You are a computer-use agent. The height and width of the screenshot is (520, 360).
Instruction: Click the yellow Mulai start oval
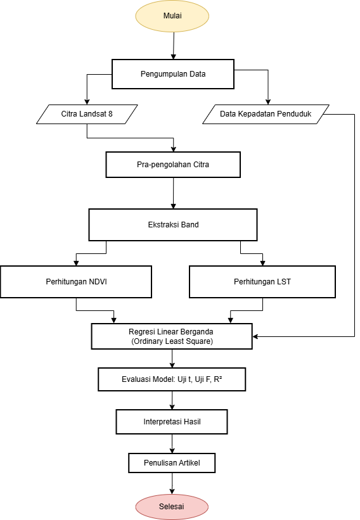[172, 16]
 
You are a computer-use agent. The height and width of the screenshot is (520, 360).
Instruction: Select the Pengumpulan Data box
[172, 74]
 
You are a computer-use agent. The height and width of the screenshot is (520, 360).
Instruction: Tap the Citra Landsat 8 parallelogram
[87, 114]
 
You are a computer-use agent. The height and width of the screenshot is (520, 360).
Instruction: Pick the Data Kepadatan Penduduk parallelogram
[265, 114]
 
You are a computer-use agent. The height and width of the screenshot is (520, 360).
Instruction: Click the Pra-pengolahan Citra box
[172, 165]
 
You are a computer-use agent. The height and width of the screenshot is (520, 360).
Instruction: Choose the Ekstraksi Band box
[172, 224]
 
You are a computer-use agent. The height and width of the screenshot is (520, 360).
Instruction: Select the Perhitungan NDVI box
[76, 282]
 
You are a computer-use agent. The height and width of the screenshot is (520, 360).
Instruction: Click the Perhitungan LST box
[262, 282]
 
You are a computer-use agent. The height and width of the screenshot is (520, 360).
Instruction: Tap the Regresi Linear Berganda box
[172, 336]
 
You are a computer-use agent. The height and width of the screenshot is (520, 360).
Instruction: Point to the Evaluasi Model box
[172, 379]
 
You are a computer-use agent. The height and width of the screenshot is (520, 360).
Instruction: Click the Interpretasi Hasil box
[172, 421]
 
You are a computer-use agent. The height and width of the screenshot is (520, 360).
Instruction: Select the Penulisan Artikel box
[172, 463]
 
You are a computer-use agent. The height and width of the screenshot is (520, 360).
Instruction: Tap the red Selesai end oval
[172, 507]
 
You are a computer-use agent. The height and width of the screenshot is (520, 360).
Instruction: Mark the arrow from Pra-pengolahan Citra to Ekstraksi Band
[172, 193]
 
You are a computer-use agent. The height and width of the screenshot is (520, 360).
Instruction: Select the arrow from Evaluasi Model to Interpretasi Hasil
[172, 400]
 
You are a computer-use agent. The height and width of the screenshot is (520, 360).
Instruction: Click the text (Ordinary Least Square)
[172, 342]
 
